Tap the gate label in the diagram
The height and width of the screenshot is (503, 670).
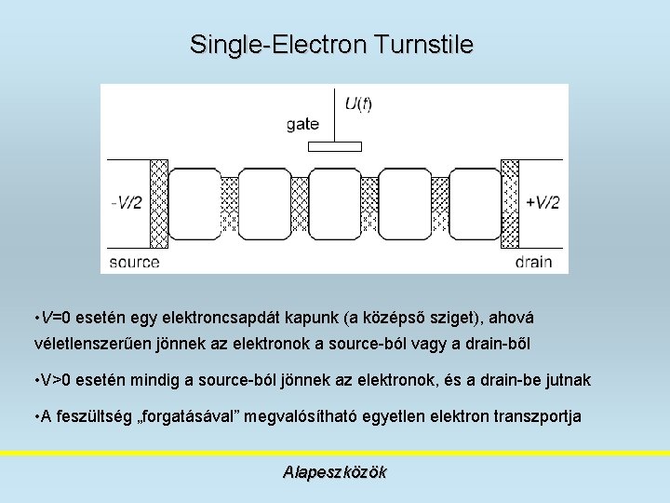(x=302, y=124)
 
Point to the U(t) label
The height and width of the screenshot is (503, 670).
(x=358, y=103)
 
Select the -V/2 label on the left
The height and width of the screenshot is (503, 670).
(x=126, y=203)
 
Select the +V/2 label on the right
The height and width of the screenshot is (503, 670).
(x=542, y=203)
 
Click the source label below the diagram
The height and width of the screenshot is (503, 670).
(x=135, y=263)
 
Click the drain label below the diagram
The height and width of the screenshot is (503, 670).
(x=534, y=263)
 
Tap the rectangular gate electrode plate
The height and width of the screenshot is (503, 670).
(x=334, y=145)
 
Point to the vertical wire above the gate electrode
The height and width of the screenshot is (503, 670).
(x=334, y=114)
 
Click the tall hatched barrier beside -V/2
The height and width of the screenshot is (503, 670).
(x=158, y=205)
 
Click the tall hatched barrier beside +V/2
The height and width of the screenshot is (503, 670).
(x=510, y=205)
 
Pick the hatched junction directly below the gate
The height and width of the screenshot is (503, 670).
(x=369, y=205)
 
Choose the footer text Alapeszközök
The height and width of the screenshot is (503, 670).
(x=334, y=472)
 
